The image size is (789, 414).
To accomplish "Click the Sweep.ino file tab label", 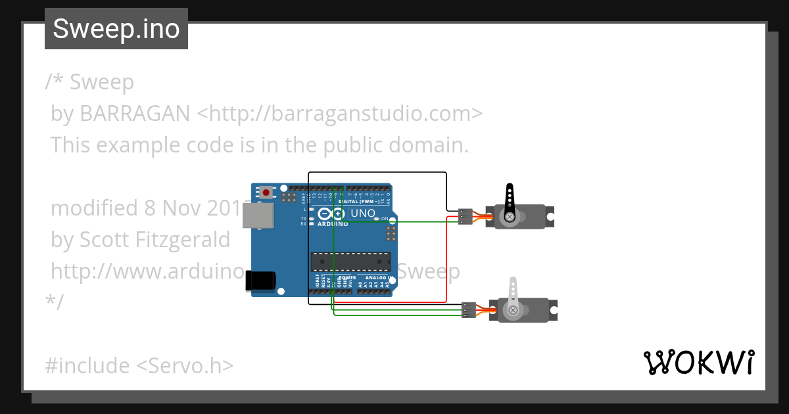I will point(116,29).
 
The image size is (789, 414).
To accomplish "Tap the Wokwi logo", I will point(698,363).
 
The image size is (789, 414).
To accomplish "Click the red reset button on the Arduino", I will point(266,193).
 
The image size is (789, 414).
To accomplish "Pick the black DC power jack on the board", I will point(260,281).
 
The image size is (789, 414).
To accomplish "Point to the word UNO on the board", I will point(363,214).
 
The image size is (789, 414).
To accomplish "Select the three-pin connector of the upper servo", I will point(465,216).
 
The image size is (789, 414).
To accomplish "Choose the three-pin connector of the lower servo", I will point(469,310).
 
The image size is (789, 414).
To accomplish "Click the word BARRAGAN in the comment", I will point(135,114).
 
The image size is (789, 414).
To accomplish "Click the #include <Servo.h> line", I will point(139,365).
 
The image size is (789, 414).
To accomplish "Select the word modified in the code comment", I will point(95,208).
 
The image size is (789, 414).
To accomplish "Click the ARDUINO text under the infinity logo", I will point(332,223).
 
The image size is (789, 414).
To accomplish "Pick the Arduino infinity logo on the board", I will point(331,214).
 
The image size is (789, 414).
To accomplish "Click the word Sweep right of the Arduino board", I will point(429,271).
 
